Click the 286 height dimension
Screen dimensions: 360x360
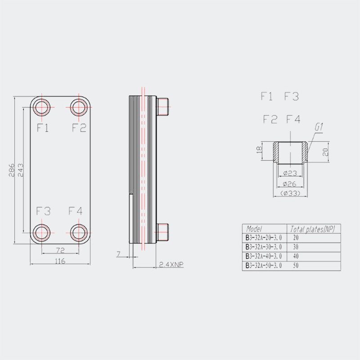tap(12, 170)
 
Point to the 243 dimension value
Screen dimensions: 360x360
tap(21, 170)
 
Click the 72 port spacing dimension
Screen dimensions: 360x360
tap(60, 250)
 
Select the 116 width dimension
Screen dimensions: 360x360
tap(60, 261)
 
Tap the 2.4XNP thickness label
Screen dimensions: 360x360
tap(171, 265)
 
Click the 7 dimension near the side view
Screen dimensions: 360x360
tap(118, 254)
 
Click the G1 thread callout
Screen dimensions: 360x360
tap(319, 127)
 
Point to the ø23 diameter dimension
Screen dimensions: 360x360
tap(290, 173)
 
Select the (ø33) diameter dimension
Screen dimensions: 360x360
tap(290, 193)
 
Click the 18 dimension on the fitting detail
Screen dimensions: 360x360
tap(259, 150)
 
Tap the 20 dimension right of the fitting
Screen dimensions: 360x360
tap(325, 152)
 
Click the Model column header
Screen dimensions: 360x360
tap(254, 229)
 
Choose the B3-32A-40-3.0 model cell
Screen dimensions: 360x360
tap(264, 256)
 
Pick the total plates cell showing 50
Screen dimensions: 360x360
tap(296, 265)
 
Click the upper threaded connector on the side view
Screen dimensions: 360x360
tap(162, 107)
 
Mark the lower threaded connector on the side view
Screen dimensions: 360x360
tap(162, 232)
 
